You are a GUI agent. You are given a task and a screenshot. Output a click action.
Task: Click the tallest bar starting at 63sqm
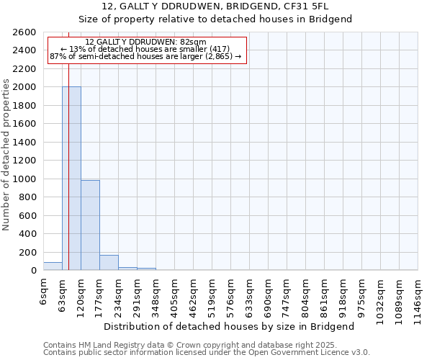(x=71, y=179)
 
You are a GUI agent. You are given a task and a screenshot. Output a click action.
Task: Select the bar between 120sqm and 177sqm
(x=90, y=225)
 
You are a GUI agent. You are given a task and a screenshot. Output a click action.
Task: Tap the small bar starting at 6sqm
(x=53, y=266)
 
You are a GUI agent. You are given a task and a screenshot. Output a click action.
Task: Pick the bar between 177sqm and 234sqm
(x=109, y=263)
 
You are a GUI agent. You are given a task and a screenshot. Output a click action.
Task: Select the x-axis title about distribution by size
(x=230, y=326)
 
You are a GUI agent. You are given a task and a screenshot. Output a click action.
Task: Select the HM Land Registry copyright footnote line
(x=206, y=345)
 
